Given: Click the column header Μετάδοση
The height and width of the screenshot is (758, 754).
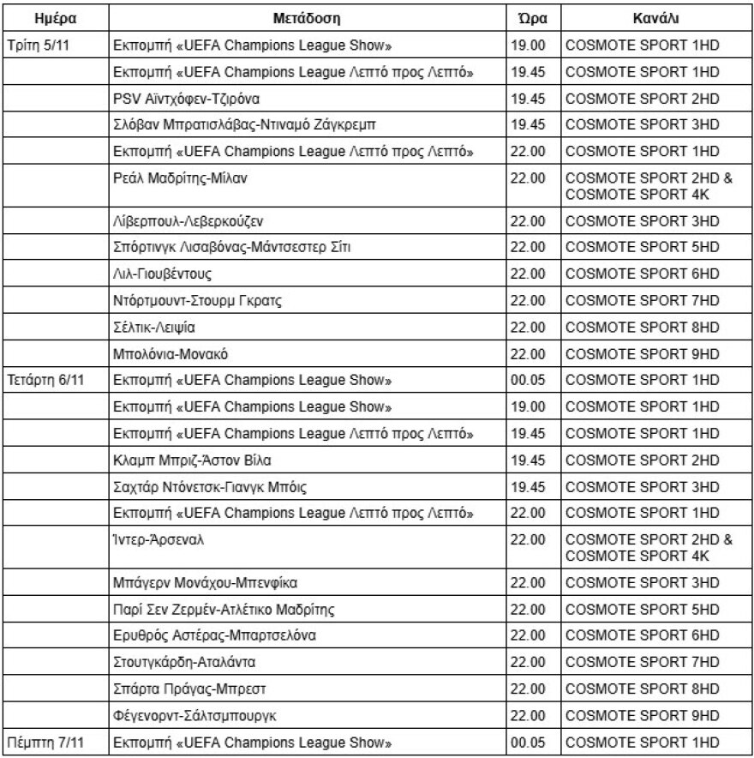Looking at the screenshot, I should tap(308, 17).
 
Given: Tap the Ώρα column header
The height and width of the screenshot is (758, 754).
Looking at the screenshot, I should tap(531, 17).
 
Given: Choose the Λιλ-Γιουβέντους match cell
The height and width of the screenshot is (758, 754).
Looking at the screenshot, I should tap(163, 274).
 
